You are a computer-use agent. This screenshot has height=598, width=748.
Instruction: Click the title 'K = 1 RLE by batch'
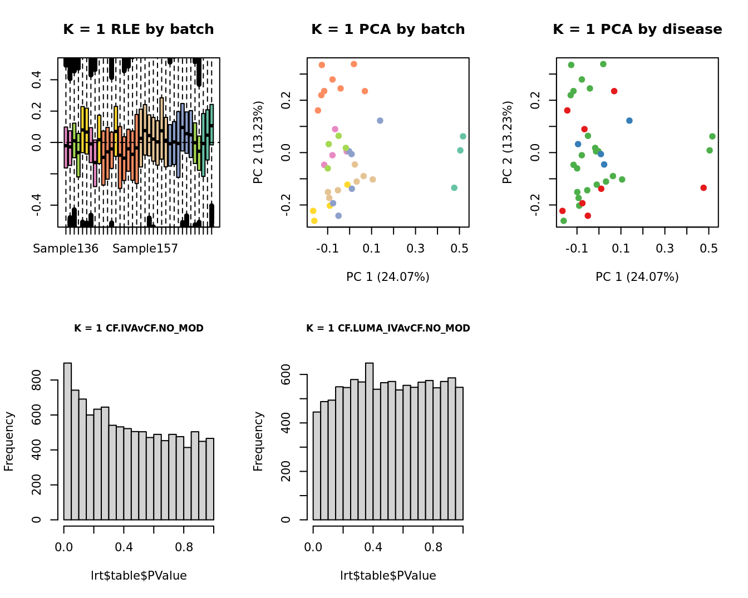point(138,29)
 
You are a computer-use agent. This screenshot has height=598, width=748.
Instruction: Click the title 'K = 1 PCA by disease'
point(637,29)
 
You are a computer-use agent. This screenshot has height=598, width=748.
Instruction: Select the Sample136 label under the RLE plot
point(66,249)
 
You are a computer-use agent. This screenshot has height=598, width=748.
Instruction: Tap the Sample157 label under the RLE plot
point(145,249)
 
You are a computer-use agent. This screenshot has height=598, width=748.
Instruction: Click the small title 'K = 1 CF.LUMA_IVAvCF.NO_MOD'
point(388,328)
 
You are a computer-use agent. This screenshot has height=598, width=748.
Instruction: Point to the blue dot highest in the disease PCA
point(629,121)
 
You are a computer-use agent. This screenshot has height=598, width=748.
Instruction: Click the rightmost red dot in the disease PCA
point(703,188)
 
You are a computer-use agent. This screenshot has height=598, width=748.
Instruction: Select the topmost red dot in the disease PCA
point(614,91)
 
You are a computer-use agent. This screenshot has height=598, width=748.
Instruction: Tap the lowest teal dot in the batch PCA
point(454,188)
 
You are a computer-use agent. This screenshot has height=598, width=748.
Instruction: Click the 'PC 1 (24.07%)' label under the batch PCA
point(388,277)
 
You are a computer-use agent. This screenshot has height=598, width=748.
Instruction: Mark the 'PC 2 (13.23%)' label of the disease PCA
point(507,142)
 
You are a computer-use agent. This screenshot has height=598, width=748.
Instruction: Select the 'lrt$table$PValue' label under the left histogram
point(139,576)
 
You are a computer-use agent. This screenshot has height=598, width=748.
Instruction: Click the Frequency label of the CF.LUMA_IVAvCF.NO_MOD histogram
point(258,441)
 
